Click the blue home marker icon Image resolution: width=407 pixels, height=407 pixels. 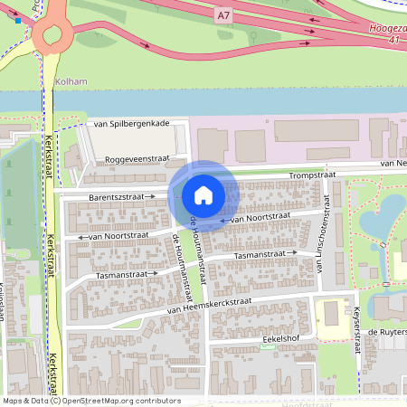203,195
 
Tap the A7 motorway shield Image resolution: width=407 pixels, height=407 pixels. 223,15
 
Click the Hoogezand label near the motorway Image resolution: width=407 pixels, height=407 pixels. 388,28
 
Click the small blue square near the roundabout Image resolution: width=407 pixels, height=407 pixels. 18,19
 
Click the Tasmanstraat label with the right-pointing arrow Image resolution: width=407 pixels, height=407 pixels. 121,273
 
